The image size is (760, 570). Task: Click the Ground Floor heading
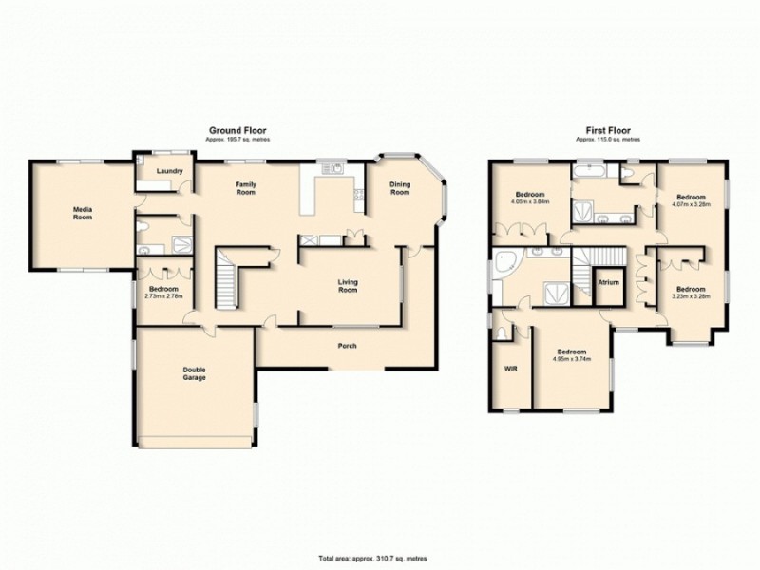[x=237, y=131]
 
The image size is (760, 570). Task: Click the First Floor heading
[x=607, y=131]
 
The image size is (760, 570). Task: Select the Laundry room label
[x=162, y=170]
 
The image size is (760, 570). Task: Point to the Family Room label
[x=246, y=188]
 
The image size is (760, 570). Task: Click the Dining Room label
[x=400, y=188]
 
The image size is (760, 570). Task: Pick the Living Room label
[x=348, y=285]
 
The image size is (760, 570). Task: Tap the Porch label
[x=348, y=345]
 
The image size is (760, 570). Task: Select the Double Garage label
[x=195, y=373]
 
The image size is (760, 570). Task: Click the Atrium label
[x=607, y=282]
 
